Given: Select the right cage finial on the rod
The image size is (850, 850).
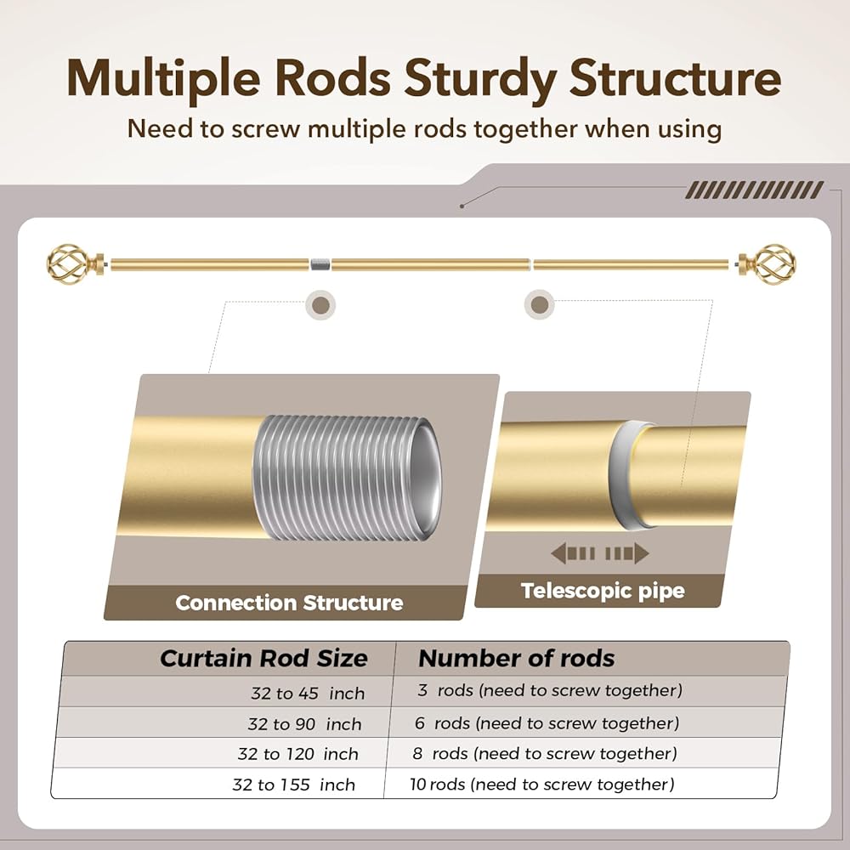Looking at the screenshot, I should [x=768, y=264].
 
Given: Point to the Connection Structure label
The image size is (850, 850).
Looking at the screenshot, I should [x=289, y=603].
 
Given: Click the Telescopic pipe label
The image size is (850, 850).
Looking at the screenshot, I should [x=603, y=591].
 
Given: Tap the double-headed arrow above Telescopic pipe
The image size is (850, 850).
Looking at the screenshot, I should [x=600, y=554].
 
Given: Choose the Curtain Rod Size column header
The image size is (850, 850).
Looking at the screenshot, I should [x=263, y=659].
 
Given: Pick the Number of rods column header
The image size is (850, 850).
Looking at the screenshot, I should [x=516, y=658].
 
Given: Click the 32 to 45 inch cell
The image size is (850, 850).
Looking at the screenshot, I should [x=307, y=694].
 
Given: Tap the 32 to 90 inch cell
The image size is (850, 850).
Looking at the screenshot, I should [x=304, y=724].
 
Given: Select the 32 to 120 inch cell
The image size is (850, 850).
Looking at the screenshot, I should [x=298, y=754].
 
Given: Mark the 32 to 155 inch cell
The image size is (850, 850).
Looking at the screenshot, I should [x=293, y=785].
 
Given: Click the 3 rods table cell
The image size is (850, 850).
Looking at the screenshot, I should [x=549, y=690].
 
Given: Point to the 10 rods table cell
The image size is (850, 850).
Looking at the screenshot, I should [x=541, y=784].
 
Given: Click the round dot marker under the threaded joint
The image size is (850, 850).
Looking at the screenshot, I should [x=320, y=303].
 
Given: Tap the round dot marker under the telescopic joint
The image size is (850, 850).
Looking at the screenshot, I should [x=537, y=303].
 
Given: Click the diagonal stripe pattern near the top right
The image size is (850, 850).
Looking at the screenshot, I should [x=754, y=190].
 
